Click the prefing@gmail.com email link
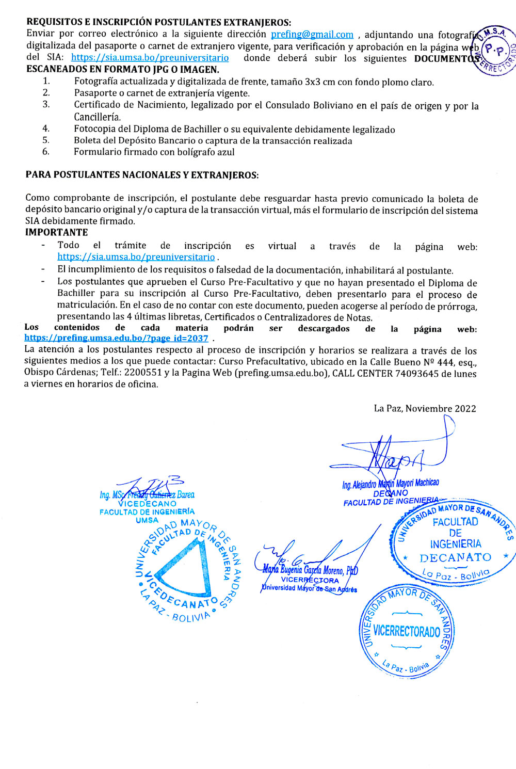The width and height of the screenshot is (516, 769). tap(312, 35)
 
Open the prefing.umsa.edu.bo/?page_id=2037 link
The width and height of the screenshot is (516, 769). tap(116, 339)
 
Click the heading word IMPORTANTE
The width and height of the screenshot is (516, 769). tap(57, 232)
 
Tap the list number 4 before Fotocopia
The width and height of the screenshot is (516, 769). tap(46, 129)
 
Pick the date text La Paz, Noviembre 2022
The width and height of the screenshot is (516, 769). tap(425, 408)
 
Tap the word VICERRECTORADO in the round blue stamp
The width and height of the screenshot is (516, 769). tap(407, 631)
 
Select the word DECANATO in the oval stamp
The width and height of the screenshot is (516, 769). tap(455, 558)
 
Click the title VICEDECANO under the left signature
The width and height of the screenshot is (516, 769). tap(147, 503)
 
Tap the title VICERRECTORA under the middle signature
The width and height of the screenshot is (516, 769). tap(310, 580)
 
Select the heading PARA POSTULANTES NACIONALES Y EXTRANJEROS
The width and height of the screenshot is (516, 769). tap(142, 175)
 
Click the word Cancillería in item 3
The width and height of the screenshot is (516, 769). tap(97, 117)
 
